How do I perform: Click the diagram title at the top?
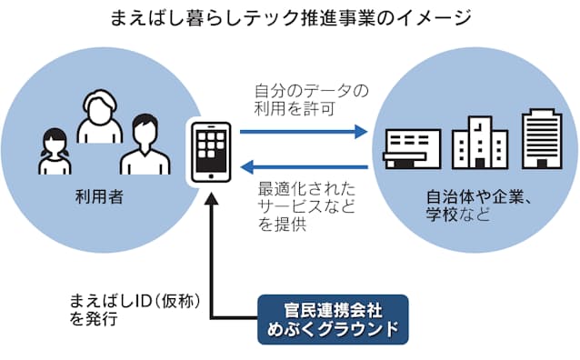click(x=290, y=17)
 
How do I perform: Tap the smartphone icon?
click(x=209, y=150)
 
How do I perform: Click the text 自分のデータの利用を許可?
click(x=299, y=100)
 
